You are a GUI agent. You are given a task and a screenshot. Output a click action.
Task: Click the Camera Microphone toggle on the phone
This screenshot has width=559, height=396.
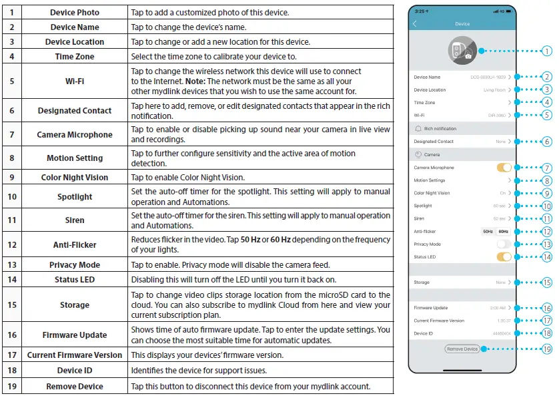click(504, 168)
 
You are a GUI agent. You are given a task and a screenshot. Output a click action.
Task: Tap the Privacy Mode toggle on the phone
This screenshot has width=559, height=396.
click(504, 244)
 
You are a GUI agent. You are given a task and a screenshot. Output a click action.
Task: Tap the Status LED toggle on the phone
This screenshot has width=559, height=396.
click(504, 256)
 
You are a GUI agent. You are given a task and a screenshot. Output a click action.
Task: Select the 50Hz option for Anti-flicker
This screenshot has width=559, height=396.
click(488, 231)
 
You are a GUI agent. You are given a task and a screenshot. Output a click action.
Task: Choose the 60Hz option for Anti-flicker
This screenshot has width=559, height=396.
click(503, 231)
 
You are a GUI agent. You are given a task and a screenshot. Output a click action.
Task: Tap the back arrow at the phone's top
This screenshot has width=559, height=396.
click(415, 23)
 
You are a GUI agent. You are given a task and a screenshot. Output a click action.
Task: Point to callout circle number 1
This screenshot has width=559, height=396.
click(546, 51)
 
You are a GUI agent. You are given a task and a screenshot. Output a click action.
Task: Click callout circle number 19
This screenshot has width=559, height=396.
click(546, 349)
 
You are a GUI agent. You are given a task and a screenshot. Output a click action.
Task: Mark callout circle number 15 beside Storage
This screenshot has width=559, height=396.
click(546, 282)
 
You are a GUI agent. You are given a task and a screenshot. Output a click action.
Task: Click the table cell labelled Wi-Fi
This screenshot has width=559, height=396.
click(75, 81)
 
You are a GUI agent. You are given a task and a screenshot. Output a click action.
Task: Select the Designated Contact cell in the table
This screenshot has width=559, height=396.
click(75, 111)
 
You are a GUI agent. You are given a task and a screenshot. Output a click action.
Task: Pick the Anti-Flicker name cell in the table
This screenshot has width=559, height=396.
click(75, 245)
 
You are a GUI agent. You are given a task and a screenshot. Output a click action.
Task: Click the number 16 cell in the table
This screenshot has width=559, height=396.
click(11, 335)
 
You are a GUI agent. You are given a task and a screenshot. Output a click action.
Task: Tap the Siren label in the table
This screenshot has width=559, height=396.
click(75, 220)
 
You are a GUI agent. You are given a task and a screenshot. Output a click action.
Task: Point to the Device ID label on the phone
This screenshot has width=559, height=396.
click(424, 333)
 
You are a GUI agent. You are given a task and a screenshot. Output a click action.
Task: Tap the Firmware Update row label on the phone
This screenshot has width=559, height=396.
click(430, 308)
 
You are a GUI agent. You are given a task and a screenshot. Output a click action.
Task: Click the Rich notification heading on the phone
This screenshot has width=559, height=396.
click(440, 128)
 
